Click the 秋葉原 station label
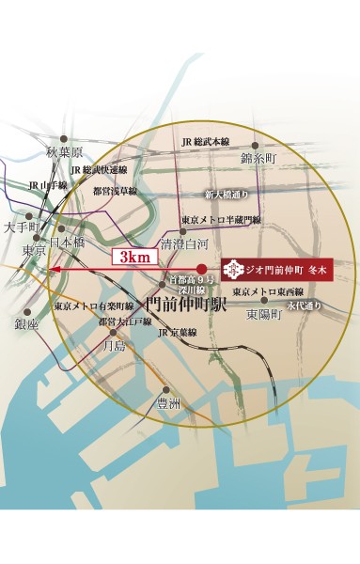click(65, 151)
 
